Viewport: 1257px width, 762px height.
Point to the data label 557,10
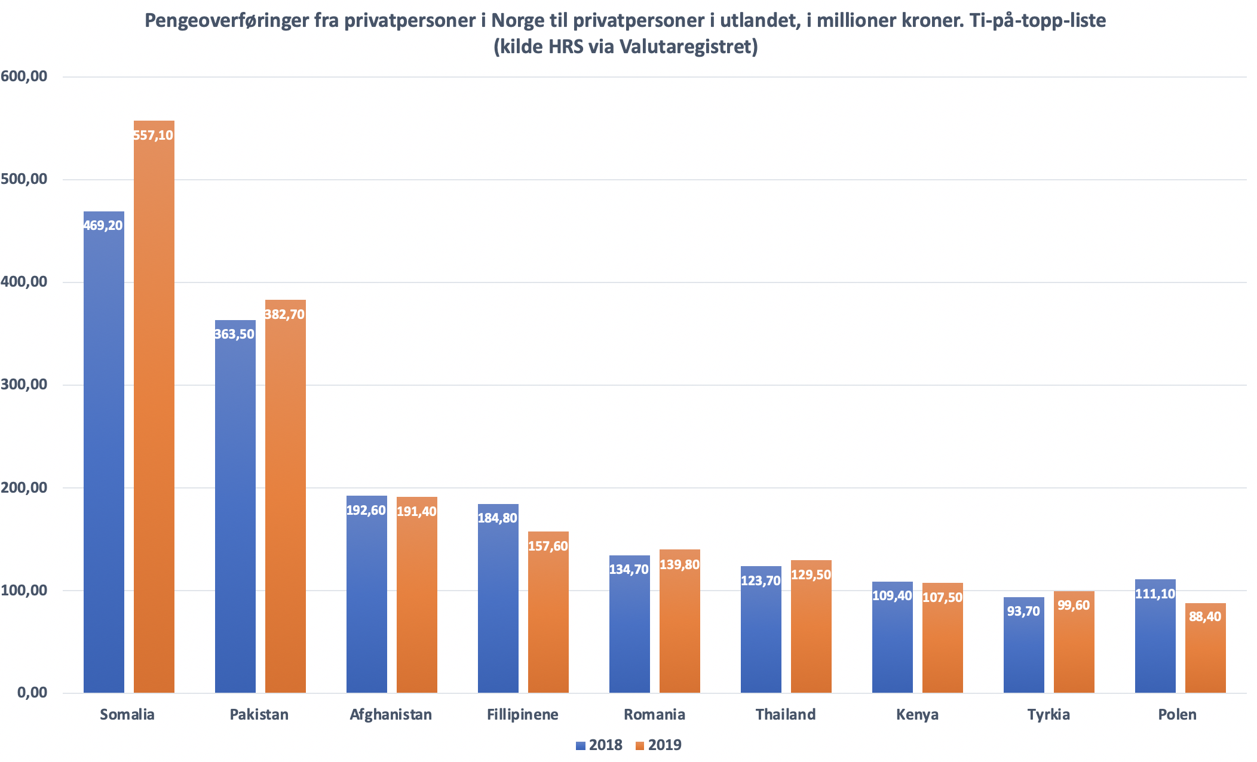(x=154, y=136)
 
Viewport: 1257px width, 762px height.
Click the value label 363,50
(x=235, y=334)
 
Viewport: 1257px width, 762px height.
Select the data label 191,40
(x=416, y=511)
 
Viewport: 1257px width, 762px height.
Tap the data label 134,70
(x=629, y=570)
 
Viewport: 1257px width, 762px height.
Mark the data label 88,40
(x=1205, y=617)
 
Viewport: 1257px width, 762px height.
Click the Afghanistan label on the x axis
(x=391, y=715)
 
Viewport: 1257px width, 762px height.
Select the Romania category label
(x=654, y=715)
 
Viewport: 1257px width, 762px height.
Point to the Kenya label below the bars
(x=917, y=715)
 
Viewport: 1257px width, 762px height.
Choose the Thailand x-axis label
(x=785, y=715)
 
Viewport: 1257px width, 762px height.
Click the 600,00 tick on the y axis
(x=24, y=76)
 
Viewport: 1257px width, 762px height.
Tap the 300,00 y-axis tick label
(x=24, y=385)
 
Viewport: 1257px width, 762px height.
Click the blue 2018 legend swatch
(x=580, y=746)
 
